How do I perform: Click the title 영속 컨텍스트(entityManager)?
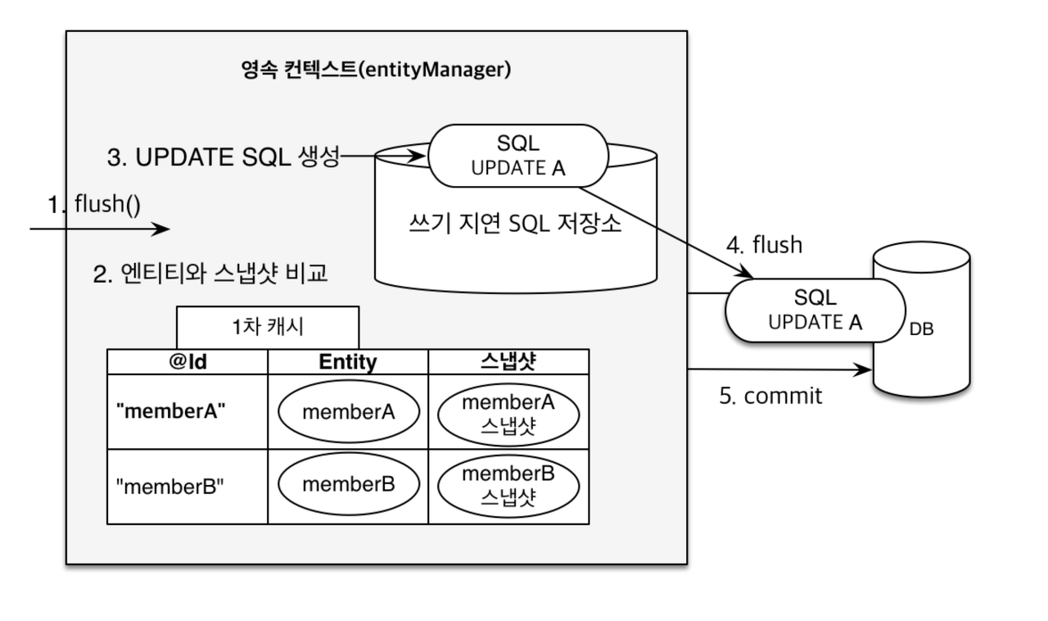pyautogui.click(x=376, y=70)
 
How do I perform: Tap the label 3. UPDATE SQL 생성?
pyautogui.click(x=223, y=157)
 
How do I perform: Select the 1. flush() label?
pyautogui.click(x=94, y=204)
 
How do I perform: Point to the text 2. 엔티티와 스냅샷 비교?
pyautogui.click(x=210, y=274)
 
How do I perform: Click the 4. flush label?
pyautogui.click(x=765, y=245)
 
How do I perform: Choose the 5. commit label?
pyautogui.click(x=770, y=396)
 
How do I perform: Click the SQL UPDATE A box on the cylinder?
pyautogui.click(x=518, y=156)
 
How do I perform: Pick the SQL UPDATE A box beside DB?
pyautogui.click(x=815, y=310)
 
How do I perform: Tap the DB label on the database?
pyautogui.click(x=921, y=330)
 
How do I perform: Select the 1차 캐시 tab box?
pyautogui.click(x=268, y=327)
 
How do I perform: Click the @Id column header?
pyautogui.click(x=187, y=362)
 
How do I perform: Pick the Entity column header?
pyautogui.click(x=348, y=362)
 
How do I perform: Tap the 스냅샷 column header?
pyautogui.click(x=508, y=362)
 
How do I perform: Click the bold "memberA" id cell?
pyautogui.click(x=171, y=411)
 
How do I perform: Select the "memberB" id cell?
pyautogui.click(x=169, y=487)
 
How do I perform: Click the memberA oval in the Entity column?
pyautogui.click(x=349, y=411)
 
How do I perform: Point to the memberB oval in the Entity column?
pyautogui.click(x=349, y=484)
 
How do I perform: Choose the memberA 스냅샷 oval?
pyautogui.click(x=508, y=411)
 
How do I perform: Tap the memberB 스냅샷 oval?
pyautogui.click(x=508, y=485)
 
